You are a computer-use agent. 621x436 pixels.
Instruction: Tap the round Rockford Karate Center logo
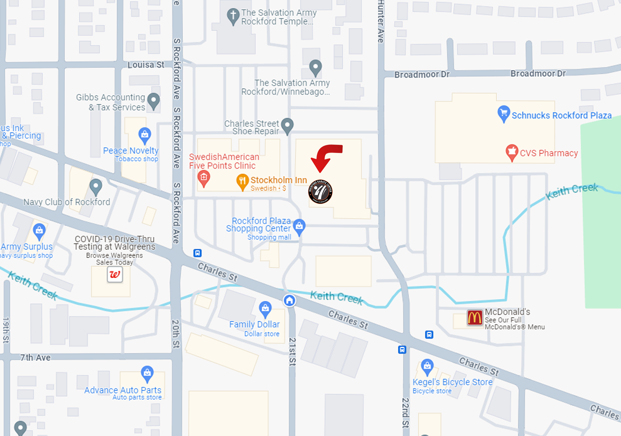[320, 191]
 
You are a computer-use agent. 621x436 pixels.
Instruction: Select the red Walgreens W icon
[115, 275]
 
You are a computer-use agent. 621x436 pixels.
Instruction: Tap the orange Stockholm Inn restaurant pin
[242, 182]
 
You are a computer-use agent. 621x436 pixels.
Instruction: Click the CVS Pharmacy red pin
[512, 152]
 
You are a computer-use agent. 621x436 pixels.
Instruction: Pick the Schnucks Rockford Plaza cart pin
[504, 113]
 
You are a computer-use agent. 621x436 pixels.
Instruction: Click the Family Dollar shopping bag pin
[265, 309]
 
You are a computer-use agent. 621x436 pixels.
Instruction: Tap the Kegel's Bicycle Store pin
[427, 367]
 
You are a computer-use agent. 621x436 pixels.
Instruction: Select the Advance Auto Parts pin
[147, 374]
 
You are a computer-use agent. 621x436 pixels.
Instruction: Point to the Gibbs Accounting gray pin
[153, 101]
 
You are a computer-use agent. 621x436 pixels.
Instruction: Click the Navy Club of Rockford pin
[96, 187]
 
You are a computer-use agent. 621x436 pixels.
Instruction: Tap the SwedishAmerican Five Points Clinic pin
[203, 178]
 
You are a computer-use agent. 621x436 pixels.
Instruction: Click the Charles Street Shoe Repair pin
[287, 126]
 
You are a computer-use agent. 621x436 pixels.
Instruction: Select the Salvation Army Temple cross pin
[233, 16]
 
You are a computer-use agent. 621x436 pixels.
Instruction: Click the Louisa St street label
[146, 65]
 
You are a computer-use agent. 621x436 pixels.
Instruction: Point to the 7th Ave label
[35, 358]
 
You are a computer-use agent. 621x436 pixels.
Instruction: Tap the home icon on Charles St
[289, 301]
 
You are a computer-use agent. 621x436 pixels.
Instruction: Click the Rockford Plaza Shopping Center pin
[299, 226]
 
